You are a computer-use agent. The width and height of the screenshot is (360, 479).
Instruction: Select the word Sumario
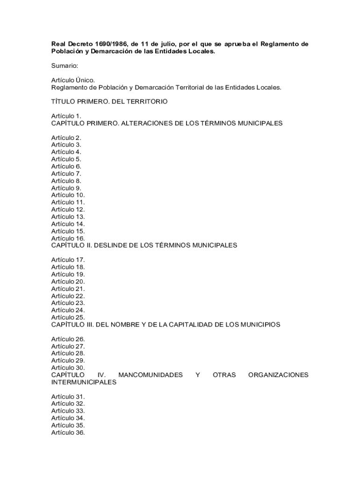[x=65, y=66]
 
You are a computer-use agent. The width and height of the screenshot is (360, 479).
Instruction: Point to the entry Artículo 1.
[x=66, y=116]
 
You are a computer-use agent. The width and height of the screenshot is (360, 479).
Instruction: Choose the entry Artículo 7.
[x=66, y=174]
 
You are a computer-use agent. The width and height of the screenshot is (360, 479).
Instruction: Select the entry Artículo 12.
[x=68, y=210]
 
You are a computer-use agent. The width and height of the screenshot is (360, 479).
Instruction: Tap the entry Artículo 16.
[x=68, y=238]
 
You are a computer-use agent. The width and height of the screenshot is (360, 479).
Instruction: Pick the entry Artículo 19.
[x=68, y=274]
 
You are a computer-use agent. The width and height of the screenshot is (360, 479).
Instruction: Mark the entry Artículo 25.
[x=68, y=317]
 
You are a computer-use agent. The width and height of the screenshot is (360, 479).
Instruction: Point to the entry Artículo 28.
[x=68, y=353]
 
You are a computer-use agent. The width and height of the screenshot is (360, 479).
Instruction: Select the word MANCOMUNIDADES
[x=151, y=375]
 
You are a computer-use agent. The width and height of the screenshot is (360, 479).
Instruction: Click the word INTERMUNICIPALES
[x=84, y=382]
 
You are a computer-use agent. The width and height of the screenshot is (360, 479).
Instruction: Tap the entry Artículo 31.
[x=68, y=397]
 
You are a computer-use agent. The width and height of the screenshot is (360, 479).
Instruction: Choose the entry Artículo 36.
[x=68, y=433]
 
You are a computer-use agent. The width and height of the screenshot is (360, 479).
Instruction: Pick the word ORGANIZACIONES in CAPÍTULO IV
[x=278, y=375]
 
